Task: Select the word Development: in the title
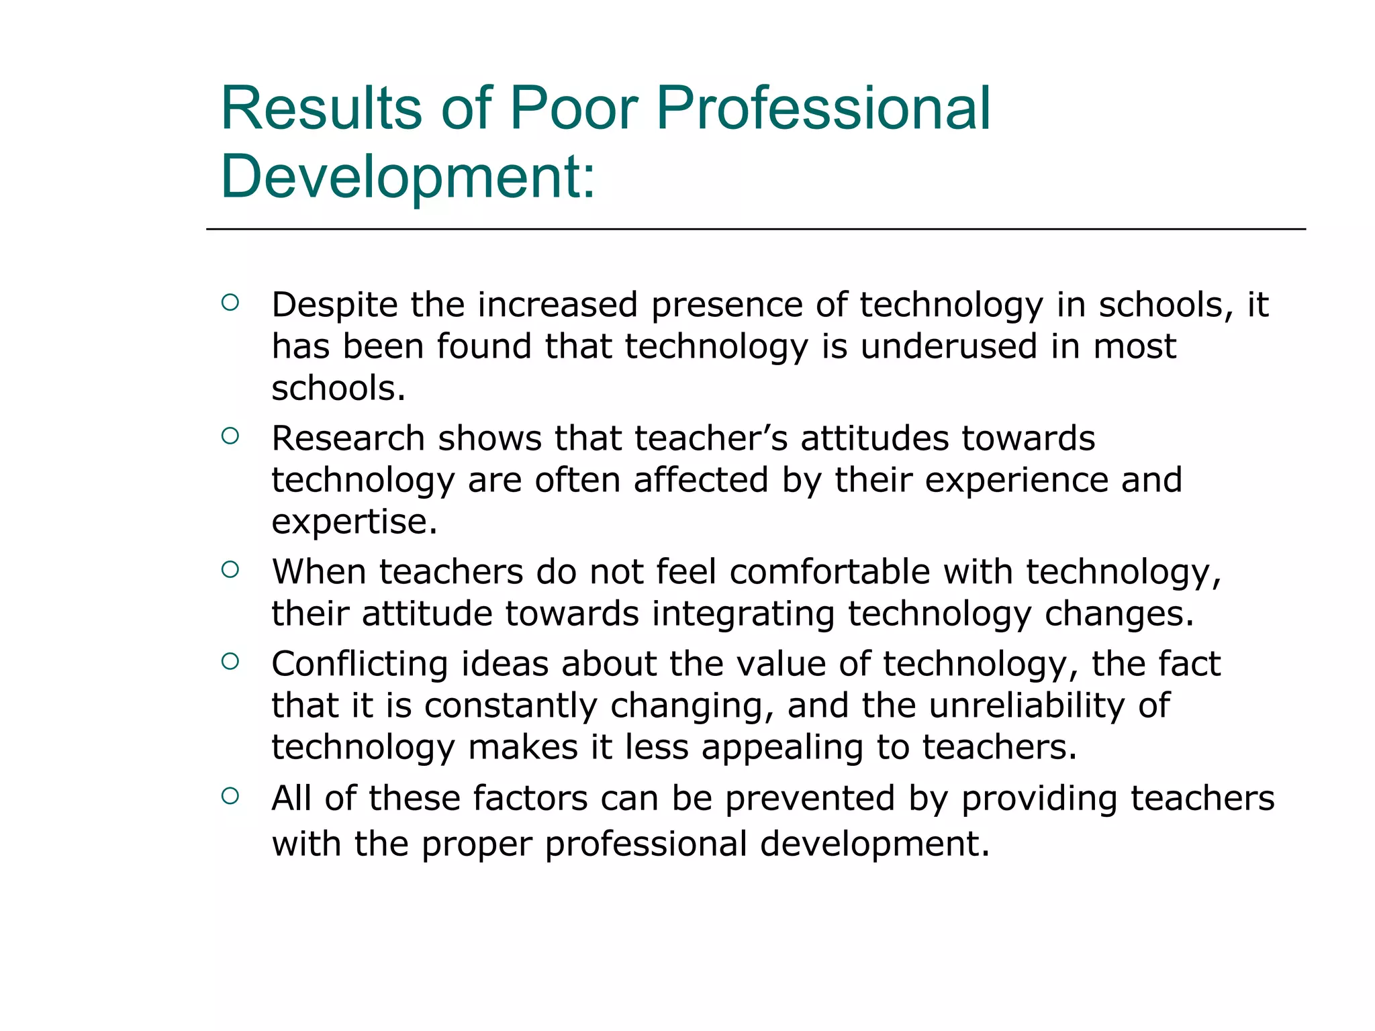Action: click(408, 177)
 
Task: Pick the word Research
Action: click(348, 439)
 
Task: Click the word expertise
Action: click(354, 522)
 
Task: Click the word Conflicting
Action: click(359, 665)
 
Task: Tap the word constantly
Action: click(510, 706)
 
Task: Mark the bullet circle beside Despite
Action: click(230, 303)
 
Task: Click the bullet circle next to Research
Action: click(230, 436)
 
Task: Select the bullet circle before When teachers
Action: click(230, 570)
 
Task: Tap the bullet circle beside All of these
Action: click(230, 796)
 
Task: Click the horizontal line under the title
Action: click(755, 229)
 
